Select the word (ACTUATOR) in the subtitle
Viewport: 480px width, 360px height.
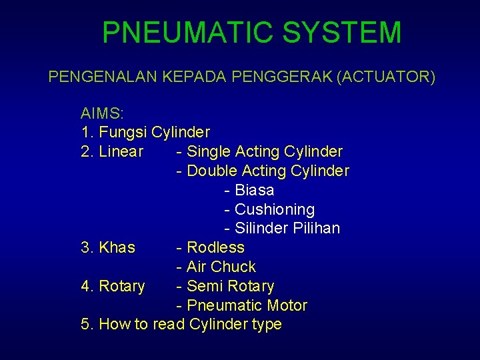pos(386,77)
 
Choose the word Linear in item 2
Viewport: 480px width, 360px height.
pos(121,151)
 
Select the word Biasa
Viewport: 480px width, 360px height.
pos(254,190)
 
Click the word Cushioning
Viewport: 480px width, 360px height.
pos(274,209)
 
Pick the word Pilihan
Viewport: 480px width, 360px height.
pos(316,228)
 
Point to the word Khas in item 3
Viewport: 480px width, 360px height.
pos(117,247)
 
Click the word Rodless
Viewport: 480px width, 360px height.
pos(215,247)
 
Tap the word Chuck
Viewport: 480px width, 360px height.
pos(233,267)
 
